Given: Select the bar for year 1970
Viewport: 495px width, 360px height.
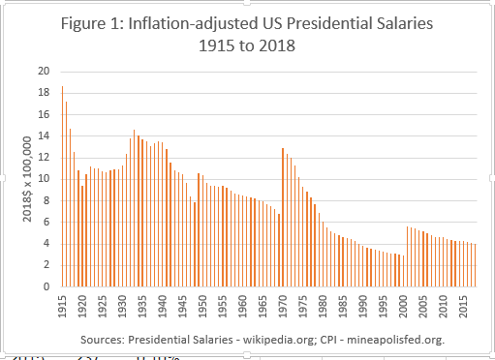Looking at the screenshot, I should coord(282,218).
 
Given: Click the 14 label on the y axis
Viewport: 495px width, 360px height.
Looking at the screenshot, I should coord(44,135).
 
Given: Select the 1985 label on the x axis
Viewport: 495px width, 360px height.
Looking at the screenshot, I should coord(343,305).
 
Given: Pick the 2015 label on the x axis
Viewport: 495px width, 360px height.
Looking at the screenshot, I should coord(464,305).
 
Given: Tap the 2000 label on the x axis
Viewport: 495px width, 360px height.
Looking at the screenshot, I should coord(404,305).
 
